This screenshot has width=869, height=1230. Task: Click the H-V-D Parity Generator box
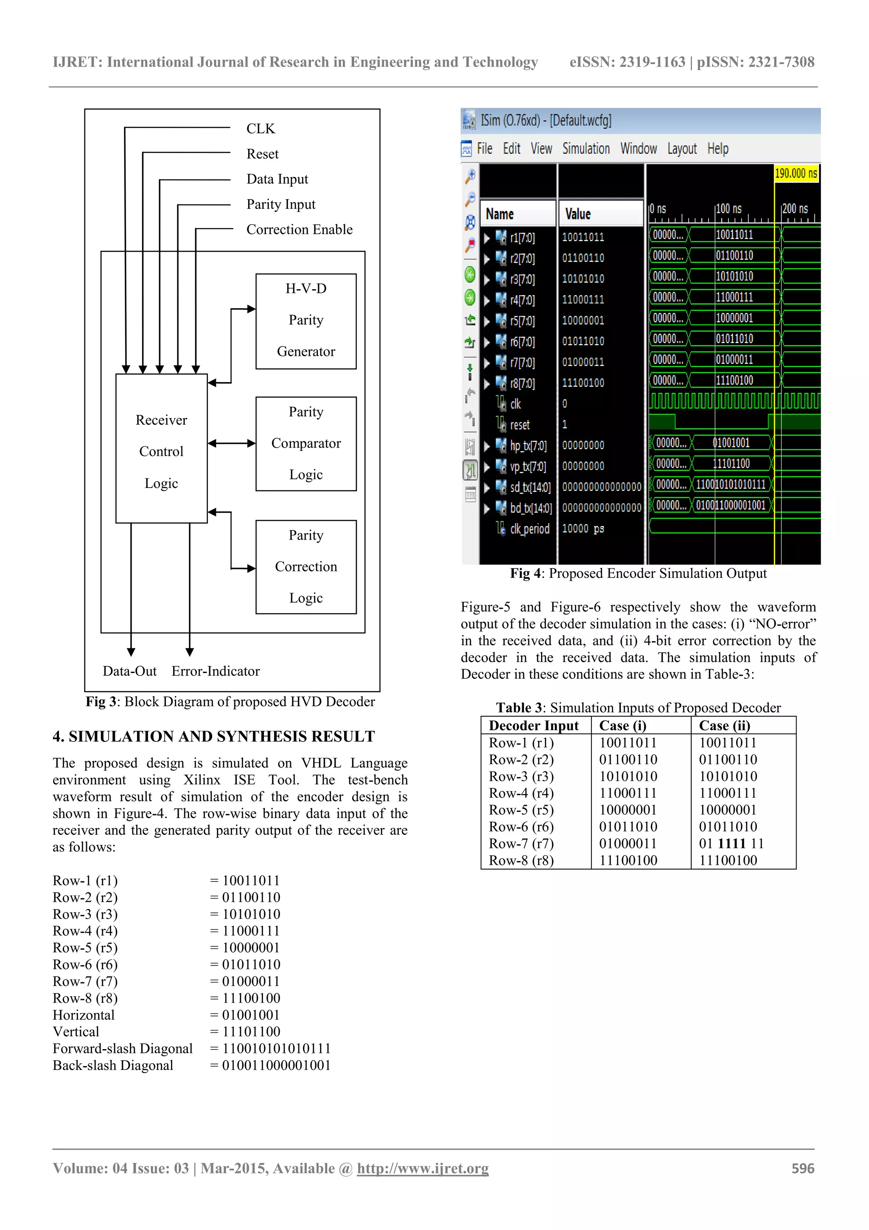306,321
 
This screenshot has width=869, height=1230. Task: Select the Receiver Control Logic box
161,449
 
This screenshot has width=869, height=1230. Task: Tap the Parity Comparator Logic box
306,444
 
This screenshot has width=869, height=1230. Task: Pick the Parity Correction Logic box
306,567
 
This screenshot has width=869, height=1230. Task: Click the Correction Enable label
299,230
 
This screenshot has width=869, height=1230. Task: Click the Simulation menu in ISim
586,149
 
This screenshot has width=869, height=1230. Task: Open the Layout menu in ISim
681,149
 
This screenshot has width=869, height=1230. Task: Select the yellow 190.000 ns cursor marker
796,174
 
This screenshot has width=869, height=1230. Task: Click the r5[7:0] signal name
522,321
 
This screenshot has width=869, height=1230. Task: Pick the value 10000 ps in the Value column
583,529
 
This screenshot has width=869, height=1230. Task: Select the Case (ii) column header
724,726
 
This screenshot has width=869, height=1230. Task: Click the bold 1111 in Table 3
732,844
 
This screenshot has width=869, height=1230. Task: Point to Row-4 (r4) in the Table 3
521,794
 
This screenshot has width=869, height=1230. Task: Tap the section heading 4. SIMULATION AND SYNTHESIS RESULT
213,737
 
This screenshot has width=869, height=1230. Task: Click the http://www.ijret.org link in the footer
423,1168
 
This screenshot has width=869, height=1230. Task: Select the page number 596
803,1168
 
